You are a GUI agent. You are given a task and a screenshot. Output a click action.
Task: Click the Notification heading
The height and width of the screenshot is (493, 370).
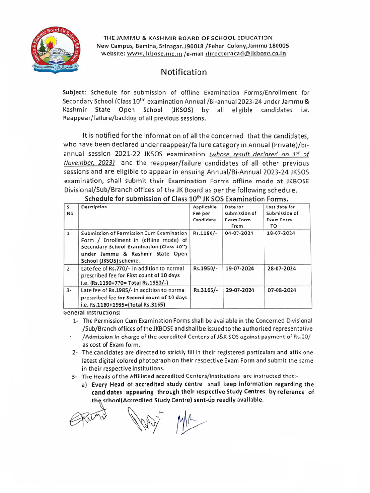[184, 72]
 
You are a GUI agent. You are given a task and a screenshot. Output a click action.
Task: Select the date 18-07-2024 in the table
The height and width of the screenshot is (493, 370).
[281, 233]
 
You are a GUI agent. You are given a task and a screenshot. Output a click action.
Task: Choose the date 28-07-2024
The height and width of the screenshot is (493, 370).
[281, 268]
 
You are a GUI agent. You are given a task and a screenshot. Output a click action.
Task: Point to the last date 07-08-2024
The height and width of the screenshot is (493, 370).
[281, 290]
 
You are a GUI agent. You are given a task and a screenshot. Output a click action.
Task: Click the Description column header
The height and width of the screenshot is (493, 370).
[94, 207]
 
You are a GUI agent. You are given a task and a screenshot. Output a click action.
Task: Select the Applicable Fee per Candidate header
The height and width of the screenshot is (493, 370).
[205, 213]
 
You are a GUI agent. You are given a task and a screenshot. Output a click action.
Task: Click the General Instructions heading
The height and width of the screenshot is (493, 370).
[92, 313]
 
